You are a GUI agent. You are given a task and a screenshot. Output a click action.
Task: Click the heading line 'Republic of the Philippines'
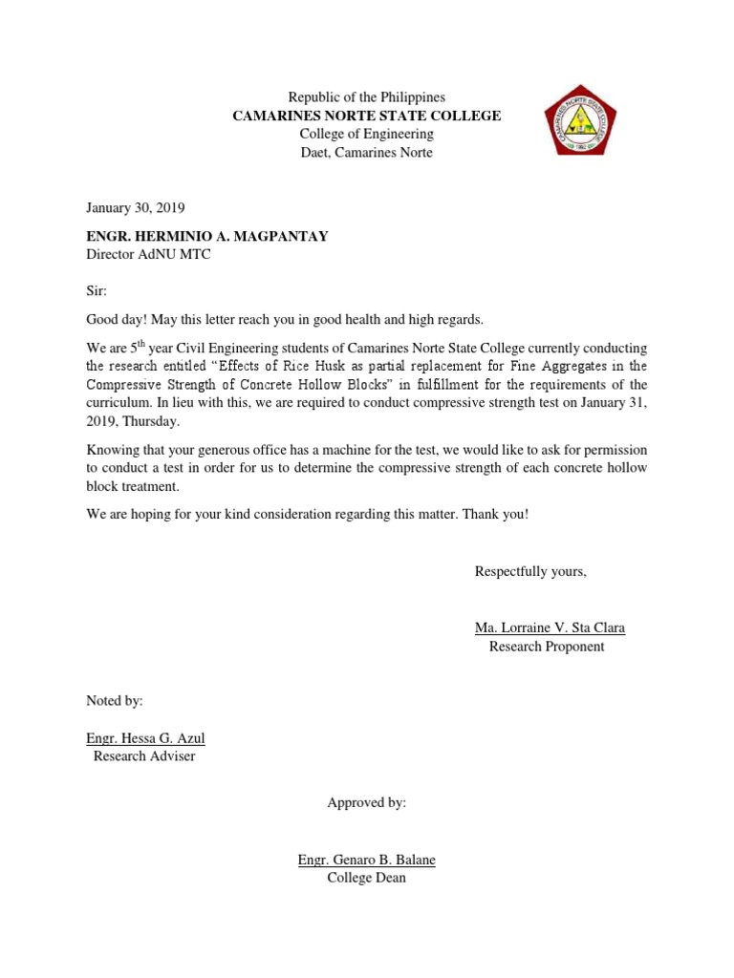point(366,97)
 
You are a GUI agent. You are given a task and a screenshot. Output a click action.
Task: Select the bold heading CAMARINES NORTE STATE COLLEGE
point(367,116)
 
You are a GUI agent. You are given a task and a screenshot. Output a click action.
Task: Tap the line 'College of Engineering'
point(366,134)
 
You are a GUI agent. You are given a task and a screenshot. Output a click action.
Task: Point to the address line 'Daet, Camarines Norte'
point(366,153)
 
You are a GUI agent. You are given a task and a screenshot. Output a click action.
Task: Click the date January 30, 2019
point(135,207)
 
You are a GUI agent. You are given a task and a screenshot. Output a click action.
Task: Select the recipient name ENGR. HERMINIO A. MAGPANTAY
point(207,236)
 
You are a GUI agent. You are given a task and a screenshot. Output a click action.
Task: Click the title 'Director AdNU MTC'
point(148,255)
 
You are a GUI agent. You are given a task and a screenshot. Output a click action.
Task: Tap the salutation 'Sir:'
point(97,290)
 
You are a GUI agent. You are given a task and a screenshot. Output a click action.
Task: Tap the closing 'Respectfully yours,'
point(530,571)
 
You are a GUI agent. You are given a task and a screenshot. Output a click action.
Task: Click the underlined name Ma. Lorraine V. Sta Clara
point(550,627)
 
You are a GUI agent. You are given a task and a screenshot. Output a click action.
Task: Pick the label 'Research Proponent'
point(547,647)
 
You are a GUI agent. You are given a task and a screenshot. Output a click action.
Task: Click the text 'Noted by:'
point(115,701)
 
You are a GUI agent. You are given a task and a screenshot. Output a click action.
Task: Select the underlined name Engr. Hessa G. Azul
point(145,738)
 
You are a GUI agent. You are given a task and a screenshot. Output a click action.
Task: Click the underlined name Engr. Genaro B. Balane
point(366,860)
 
